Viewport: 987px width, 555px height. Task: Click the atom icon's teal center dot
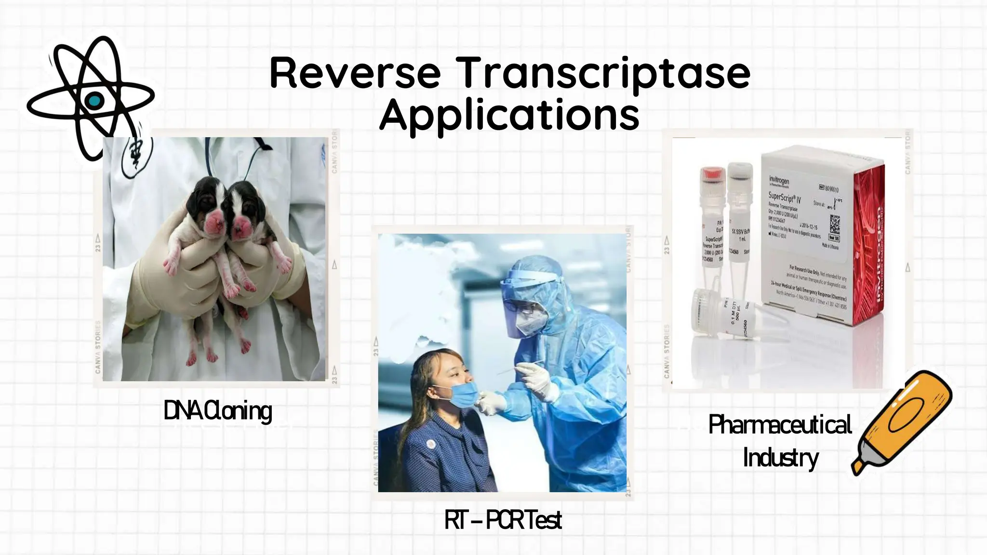(x=94, y=101)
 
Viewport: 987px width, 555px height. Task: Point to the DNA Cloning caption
(x=218, y=411)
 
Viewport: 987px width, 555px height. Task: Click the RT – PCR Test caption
(x=503, y=520)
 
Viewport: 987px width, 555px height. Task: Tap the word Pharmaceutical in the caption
(x=779, y=425)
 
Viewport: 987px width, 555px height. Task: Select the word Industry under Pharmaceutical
(x=780, y=458)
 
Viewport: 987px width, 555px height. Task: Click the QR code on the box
(x=834, y=224)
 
